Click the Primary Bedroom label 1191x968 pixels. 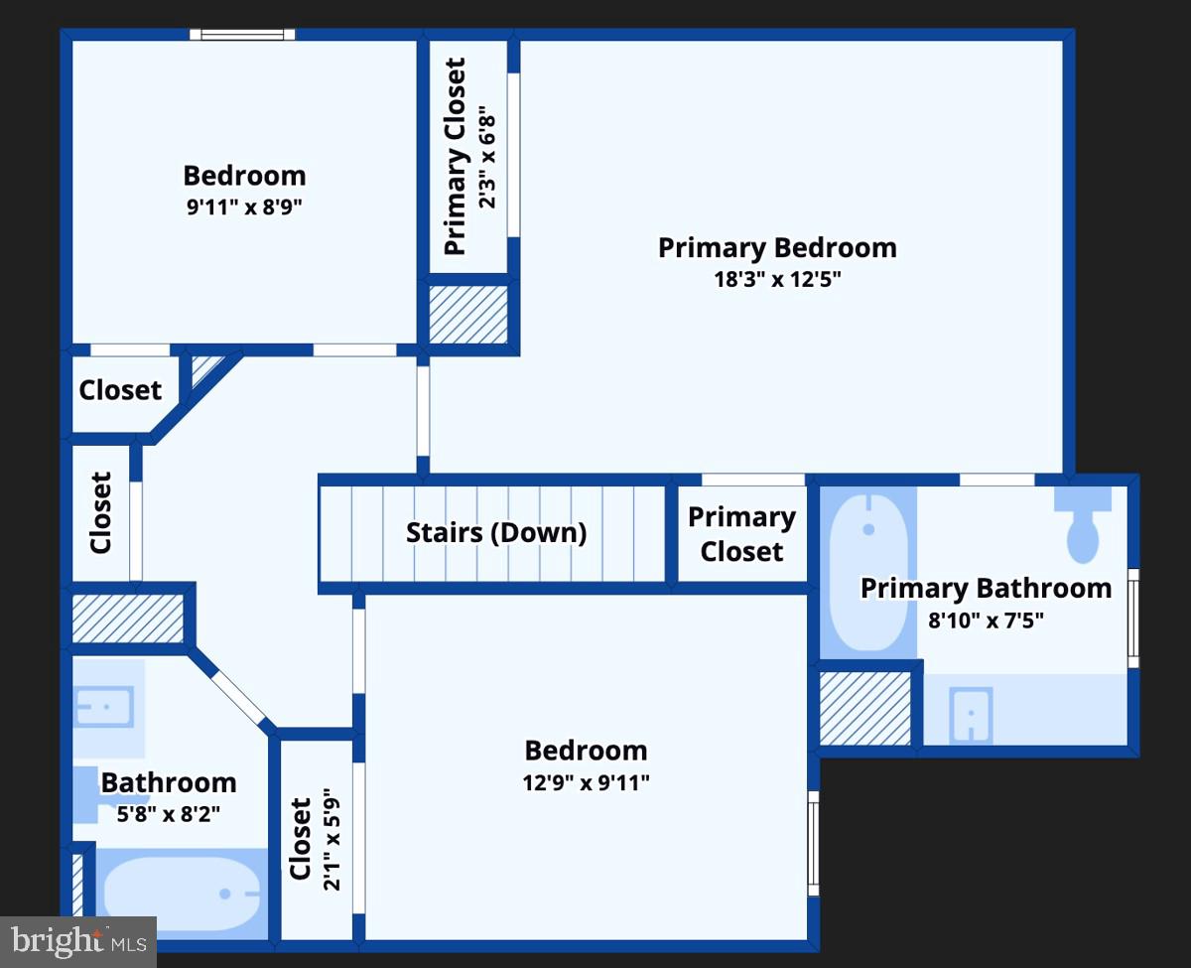[777, 247]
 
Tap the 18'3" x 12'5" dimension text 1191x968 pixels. [777, 279]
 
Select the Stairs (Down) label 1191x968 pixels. [496, 532]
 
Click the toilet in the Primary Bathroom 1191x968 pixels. [1082, 526]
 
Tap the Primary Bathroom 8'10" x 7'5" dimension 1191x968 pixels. [986, 622]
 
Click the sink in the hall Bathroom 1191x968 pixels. [104, 707]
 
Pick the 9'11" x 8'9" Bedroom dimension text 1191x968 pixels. [244, 207]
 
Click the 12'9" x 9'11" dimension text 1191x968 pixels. [586, 782]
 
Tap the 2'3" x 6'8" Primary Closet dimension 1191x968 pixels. [486, 157]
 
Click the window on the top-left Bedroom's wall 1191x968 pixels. [243, 35]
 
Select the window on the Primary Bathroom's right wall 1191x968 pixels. [1133, 618]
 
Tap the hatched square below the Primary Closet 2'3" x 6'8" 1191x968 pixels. [468, 313]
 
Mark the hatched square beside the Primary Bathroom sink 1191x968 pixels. [865, 709]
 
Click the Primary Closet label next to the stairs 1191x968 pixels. [741, 534]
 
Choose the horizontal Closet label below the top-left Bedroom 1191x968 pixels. [120, 390]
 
